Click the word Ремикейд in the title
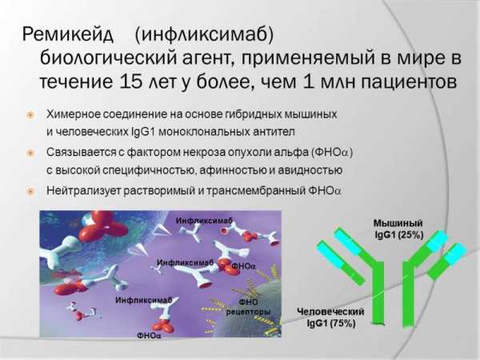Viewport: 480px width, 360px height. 68,34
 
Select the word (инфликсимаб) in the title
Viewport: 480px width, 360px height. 204,34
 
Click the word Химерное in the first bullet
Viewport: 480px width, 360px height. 73,114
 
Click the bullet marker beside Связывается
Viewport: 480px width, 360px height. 30,153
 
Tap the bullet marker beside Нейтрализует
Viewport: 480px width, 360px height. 30,192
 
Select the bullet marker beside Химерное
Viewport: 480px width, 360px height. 30,115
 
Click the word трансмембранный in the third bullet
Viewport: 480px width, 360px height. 256,190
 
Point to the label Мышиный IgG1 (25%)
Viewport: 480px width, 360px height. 398,229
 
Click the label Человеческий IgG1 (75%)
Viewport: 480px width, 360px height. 330,318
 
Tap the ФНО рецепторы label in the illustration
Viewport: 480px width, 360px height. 248,307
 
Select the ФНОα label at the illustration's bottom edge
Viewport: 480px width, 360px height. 149,335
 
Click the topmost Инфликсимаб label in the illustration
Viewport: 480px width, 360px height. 204,221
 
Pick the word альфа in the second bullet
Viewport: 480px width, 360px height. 292,153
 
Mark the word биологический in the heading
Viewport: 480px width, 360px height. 109,58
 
